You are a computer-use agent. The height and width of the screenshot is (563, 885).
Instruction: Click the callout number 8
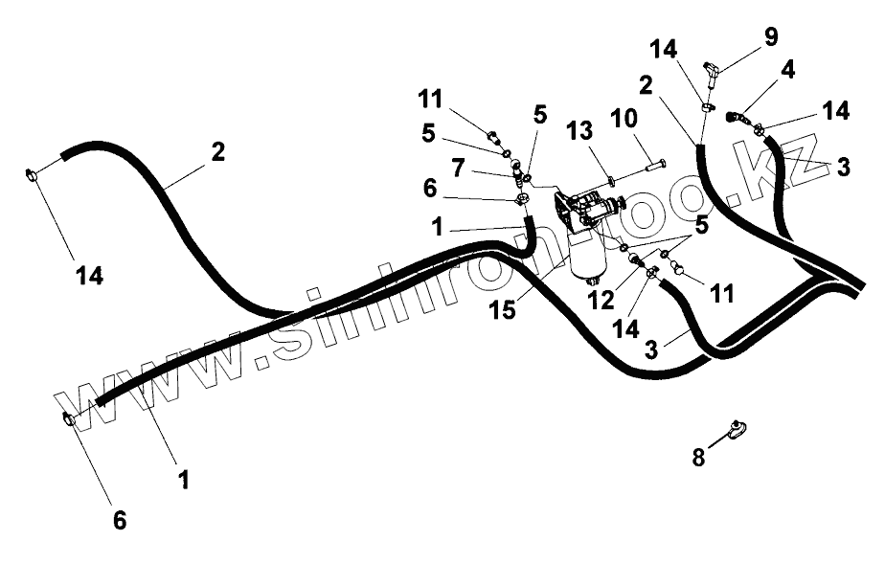click(x=699, y=458)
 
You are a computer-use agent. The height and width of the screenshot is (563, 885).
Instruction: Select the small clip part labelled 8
click(x=737, y=431)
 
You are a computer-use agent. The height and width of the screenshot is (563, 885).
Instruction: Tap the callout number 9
click(x=771, y=37)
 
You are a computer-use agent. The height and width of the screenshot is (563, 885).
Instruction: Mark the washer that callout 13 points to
click(x=610, y=175)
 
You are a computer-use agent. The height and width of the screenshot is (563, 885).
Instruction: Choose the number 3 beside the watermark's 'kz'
click(x=843, y=168)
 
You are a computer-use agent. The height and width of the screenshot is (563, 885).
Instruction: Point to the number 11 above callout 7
click(x=430, y=98)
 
